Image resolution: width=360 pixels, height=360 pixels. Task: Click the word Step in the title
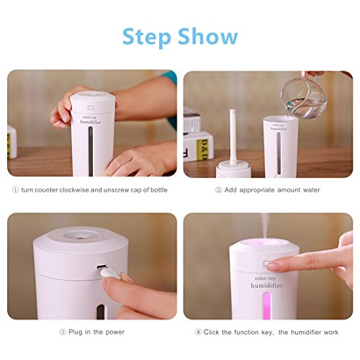coord(147,37)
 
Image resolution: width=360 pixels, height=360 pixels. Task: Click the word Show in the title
coord(208,36)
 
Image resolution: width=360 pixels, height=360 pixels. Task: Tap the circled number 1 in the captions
coord(15,190)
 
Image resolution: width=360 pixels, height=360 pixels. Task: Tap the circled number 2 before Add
coord(218,190)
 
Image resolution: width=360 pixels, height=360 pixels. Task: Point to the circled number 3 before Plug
coord(63,332)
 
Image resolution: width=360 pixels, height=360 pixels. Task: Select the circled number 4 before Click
coord(198,332)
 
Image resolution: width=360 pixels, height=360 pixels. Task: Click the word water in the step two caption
coord(312,190)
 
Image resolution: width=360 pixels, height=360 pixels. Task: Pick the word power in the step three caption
coord(115,333)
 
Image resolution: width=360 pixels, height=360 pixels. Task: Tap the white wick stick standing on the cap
coord(233,137)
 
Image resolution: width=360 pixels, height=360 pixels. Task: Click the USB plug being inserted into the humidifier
coord(107,272)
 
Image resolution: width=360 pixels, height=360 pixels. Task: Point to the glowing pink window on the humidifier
coord(266,305)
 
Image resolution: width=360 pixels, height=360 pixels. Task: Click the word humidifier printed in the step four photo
coord(266,286)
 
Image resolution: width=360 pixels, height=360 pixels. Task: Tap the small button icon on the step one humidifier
coord(91,108)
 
